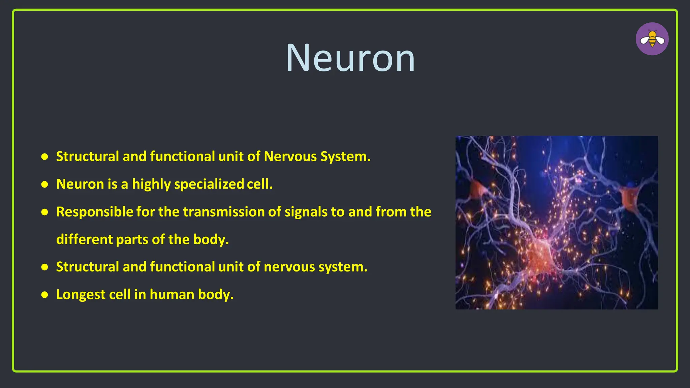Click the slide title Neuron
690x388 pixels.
point(350,58)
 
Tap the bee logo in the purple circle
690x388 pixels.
point(652,39)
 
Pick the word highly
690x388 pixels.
point(151,184)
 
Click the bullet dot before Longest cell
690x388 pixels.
point(44,295)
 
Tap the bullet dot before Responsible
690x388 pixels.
point(44,212)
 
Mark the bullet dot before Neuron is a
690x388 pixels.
point(44,185)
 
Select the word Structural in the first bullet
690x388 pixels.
point(88,156)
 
